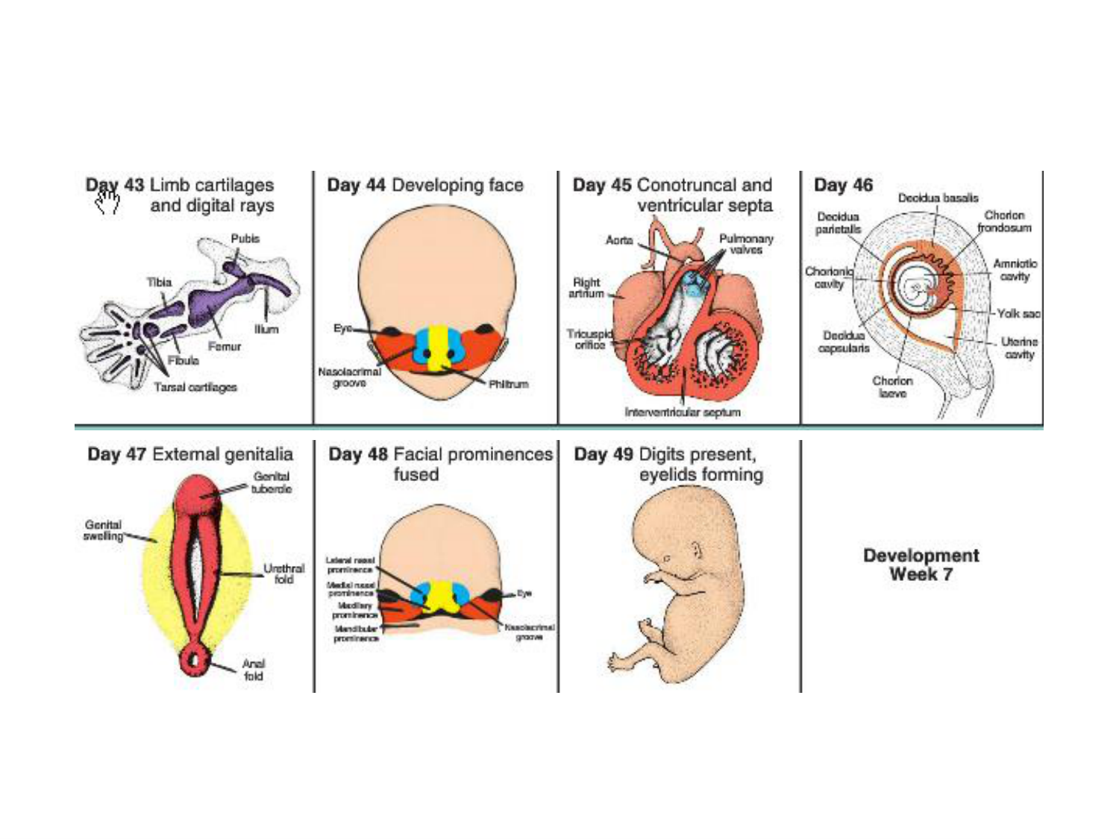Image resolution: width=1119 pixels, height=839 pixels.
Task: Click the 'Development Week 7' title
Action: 921,565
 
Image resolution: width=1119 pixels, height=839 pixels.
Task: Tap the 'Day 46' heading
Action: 843,185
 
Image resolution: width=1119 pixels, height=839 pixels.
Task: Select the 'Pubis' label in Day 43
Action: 245,239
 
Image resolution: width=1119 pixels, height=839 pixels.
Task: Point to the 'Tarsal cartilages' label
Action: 195,387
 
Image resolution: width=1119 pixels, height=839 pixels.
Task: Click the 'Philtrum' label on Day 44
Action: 508,384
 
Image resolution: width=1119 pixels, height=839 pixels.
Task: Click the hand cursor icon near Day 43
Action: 107,201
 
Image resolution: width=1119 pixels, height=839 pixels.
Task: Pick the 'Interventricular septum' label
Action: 683,412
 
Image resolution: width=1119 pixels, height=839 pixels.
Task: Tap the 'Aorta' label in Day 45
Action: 619,240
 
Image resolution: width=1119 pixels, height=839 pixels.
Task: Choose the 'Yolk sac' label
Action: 1018,314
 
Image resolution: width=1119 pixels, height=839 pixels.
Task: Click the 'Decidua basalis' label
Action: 938,198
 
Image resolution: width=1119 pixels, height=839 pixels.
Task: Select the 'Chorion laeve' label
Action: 892,386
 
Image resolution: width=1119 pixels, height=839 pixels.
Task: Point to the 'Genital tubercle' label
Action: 271,483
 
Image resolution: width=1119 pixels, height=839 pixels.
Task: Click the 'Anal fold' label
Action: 253,670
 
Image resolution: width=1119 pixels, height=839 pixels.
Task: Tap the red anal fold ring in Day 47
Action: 195,660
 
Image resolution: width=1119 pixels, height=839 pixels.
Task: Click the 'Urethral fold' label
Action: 283,574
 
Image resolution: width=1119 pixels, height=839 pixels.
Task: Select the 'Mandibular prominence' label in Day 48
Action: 356,634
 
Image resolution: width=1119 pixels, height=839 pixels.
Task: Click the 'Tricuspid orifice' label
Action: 589,339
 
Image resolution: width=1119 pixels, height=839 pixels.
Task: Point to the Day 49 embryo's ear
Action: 695,553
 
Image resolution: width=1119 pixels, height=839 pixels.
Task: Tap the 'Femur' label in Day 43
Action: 224,347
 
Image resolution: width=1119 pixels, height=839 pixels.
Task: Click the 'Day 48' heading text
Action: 358,454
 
